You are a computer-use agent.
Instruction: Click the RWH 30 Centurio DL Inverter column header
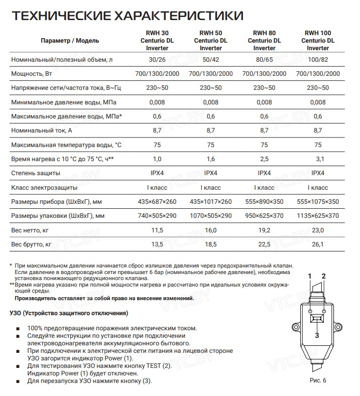157,40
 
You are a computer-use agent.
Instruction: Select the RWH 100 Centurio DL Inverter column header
317,40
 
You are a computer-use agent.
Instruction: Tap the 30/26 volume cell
157,60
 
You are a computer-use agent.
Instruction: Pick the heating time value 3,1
317,159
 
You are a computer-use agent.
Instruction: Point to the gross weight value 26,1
317,244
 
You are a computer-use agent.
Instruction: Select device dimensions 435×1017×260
211,202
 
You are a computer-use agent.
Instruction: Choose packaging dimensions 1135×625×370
317,216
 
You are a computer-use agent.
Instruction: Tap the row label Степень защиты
36,173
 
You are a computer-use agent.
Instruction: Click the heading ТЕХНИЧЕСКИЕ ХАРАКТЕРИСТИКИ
128,17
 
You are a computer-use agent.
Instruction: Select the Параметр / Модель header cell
70,40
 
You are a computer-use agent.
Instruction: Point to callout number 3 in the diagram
317,335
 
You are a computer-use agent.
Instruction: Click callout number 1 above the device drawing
310,277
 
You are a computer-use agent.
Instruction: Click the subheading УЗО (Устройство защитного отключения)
69,313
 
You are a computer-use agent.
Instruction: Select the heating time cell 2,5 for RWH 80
264,159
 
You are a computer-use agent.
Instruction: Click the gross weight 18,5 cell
211,244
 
